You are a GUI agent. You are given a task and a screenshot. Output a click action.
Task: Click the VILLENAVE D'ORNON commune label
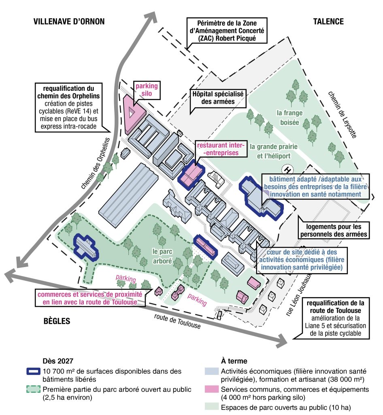(69, 21)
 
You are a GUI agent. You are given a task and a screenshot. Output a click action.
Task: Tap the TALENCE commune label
(328, 21)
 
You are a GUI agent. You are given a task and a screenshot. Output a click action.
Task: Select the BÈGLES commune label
(57, 321)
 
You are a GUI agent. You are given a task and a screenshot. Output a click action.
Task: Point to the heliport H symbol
(287, 170)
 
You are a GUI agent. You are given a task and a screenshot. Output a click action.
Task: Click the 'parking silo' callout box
(147, 90)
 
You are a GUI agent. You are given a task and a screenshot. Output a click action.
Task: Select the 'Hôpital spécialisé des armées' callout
(218, 98)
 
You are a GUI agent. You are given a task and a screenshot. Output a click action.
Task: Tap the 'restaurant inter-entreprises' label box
(221, 149)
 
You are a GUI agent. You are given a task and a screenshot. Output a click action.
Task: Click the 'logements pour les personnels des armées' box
(334, 230)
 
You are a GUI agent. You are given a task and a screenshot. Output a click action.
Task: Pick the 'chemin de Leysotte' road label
(343, 115)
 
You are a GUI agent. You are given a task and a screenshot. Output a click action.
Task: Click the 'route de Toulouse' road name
(177, 321)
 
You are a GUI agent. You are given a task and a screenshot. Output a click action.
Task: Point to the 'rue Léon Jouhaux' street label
(299, 295)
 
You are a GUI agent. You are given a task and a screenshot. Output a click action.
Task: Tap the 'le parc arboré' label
(162, 256)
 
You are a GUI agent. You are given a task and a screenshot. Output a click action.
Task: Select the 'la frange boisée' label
(290, 118)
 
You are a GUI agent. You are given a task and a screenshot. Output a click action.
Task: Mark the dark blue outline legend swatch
(34, 371)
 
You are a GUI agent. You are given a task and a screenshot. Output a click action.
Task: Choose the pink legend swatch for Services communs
(212, 389)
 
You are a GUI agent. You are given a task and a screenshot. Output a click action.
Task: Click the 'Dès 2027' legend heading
(58, 361)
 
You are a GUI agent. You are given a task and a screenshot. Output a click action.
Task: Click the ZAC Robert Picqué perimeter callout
(227, 30)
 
